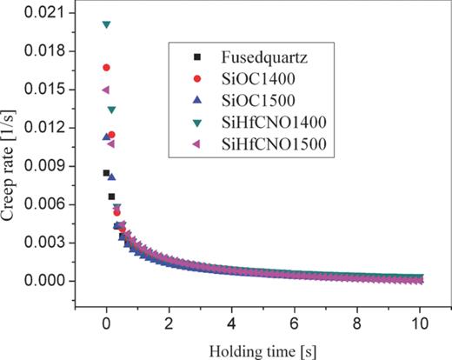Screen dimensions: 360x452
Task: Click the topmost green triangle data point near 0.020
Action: click(x=106, y=24)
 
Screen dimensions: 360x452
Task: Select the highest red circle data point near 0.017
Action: click(x=106, y=67)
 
